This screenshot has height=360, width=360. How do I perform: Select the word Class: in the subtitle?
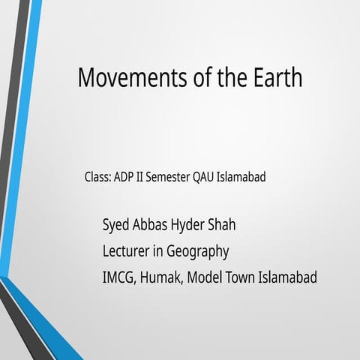[97, 178]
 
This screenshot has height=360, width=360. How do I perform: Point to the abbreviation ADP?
[124, 178]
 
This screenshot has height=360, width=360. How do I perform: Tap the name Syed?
[116, 226]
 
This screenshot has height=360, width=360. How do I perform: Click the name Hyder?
[191, 226]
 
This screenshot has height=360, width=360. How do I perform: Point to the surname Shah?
[228, 225]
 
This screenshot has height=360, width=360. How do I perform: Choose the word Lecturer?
[127, 251]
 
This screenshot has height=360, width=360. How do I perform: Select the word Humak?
[163, 277]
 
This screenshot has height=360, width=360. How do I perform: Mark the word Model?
[205, 277]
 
